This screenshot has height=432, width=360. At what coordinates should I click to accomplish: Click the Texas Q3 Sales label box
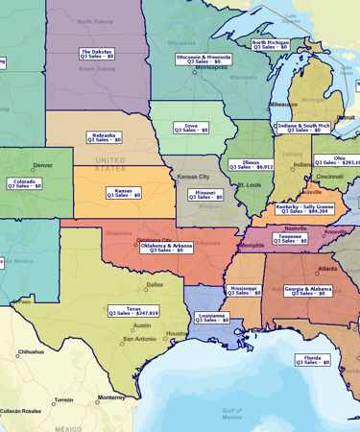pos(133,311)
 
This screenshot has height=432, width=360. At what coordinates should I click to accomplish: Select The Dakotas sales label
pos(96,54)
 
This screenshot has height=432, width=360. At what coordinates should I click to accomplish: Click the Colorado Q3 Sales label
pos(24,183)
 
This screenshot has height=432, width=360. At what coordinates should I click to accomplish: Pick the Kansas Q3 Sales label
pos(123,193)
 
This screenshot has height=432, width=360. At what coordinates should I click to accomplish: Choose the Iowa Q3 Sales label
pos(190,127)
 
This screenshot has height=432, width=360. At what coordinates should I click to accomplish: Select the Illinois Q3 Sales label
pos(251,164)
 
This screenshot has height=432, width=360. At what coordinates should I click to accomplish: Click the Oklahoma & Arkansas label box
pos(166,247)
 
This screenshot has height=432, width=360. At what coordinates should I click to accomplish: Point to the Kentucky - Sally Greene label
pos(304,208)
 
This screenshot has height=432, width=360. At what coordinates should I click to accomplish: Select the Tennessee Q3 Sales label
pos(290,238)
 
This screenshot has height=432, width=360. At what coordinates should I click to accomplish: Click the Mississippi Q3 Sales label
pos(243,289)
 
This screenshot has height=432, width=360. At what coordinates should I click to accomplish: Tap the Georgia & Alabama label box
pos(307,290)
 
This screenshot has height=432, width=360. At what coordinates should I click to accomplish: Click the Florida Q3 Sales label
pos(312,360)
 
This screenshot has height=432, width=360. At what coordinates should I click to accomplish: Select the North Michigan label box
pos(271,44)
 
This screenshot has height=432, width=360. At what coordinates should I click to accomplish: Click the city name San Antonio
pos(138,339)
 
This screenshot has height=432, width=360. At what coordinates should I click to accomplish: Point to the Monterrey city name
pos(111,397)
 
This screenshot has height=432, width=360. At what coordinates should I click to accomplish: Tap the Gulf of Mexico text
pos(230,413)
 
